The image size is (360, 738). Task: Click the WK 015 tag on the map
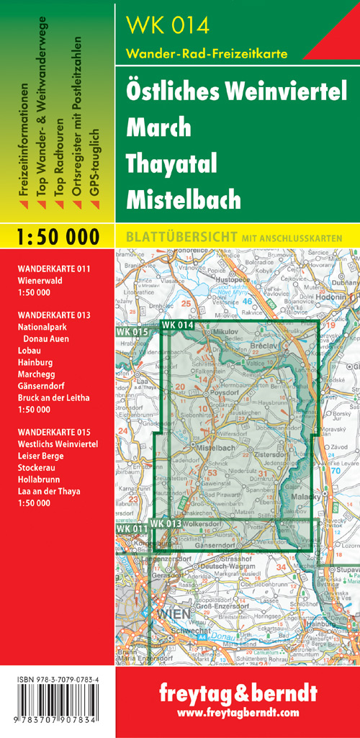[x=131, y=331]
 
